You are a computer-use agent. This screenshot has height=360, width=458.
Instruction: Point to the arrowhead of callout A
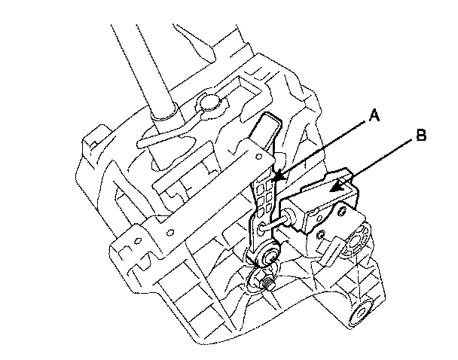tap(275, 180)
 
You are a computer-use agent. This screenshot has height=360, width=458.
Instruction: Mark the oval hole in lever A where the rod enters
tap(264, 226)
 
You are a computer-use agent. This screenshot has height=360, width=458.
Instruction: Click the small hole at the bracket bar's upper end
tap(258, 159)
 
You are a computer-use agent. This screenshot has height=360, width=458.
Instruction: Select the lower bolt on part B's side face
tap(322, 236)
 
